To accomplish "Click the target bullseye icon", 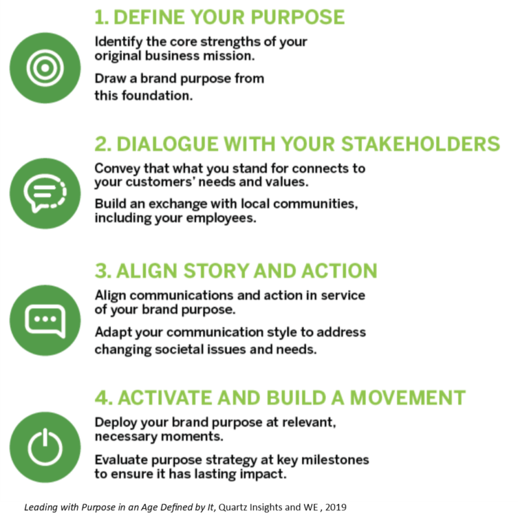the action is (x=45, y=68).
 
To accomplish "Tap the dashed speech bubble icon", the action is (x=45, y=192).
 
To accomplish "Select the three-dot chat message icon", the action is (x=45, y=320).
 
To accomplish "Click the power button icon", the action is (x=45, y=447).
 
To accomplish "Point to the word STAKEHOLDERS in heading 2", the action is (x=420, y=144).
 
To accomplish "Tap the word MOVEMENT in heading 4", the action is (x=407, y=398).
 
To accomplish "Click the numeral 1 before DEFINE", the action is (x=101, y=18).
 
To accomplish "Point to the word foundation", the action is (x=157, y=96).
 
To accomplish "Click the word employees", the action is (x=221, y=219).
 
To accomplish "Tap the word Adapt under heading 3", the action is (x=111, y=333).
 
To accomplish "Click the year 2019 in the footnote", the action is (x=336, y=507).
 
